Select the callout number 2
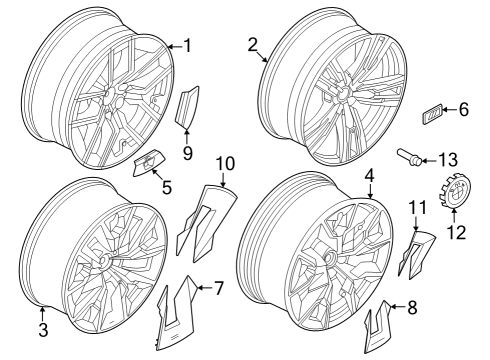click(x=252, y=44)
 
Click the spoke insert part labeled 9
click(x=187, y=108)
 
